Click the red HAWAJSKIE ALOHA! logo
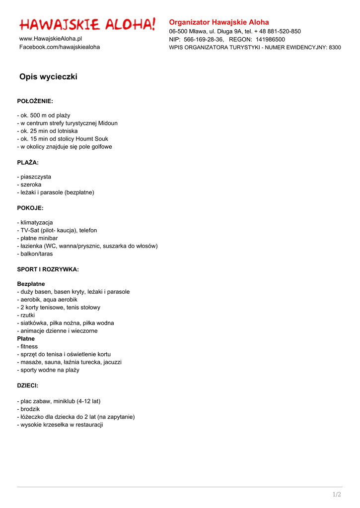pos(87,24)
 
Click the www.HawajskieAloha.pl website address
pos(51,39)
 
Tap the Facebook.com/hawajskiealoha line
pos(60,47)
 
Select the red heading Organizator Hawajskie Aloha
pos(219,22)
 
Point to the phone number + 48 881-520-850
pos(278,31)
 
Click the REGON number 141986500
pos(270,39)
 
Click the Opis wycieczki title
pos(48,77)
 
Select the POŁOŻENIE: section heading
pos(35,101)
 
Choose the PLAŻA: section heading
pos(28,163)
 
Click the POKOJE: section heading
pos(30,208)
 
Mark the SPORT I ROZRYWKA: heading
pos(48,270)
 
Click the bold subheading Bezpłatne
pos(31,284)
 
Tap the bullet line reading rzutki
pos(26,315)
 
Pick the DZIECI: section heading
pos(28,385)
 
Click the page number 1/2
pos(337,494)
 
